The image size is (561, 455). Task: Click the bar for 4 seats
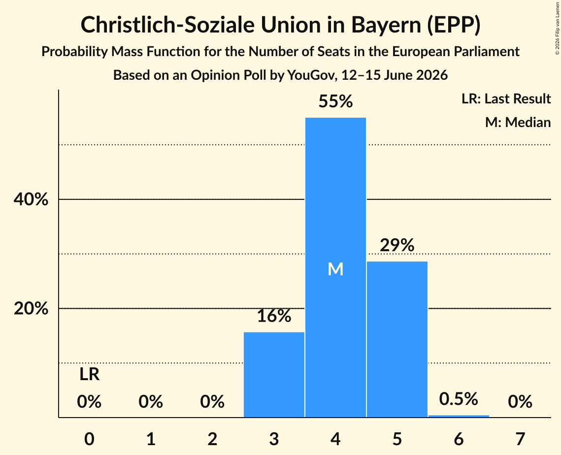coord(335,267)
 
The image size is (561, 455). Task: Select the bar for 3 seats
coord(274,375)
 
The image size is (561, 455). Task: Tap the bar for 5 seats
coord(397,339)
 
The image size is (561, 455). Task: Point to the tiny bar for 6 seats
coord(459,416)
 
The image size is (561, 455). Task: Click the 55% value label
coord(335,101)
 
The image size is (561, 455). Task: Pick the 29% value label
coord(397,245)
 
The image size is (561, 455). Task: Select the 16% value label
coord(274,316)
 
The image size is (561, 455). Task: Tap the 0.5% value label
coord(459,399)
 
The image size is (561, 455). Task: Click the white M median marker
coord(335,269)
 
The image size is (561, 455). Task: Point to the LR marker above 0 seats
coord(90,374)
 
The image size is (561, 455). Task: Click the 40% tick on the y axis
coord(31,199)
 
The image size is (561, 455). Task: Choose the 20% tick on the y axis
coord(31,308)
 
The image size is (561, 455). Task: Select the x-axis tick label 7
coord(520,439)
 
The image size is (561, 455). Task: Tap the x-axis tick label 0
coord(90,439)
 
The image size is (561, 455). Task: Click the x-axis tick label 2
coord(212,439)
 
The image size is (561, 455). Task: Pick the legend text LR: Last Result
coord(506,98)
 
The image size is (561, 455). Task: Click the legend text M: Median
coord(518,122)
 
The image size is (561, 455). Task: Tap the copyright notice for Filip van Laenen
coord(558,28)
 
